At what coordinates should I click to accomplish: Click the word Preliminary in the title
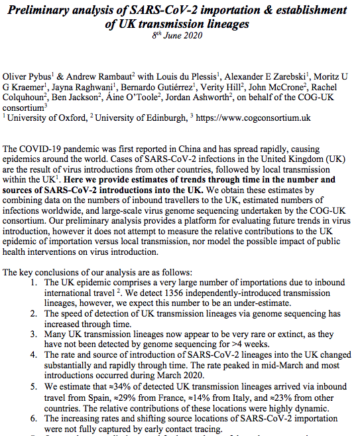tap(48, 11)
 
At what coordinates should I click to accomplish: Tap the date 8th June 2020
tap(180, 36)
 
